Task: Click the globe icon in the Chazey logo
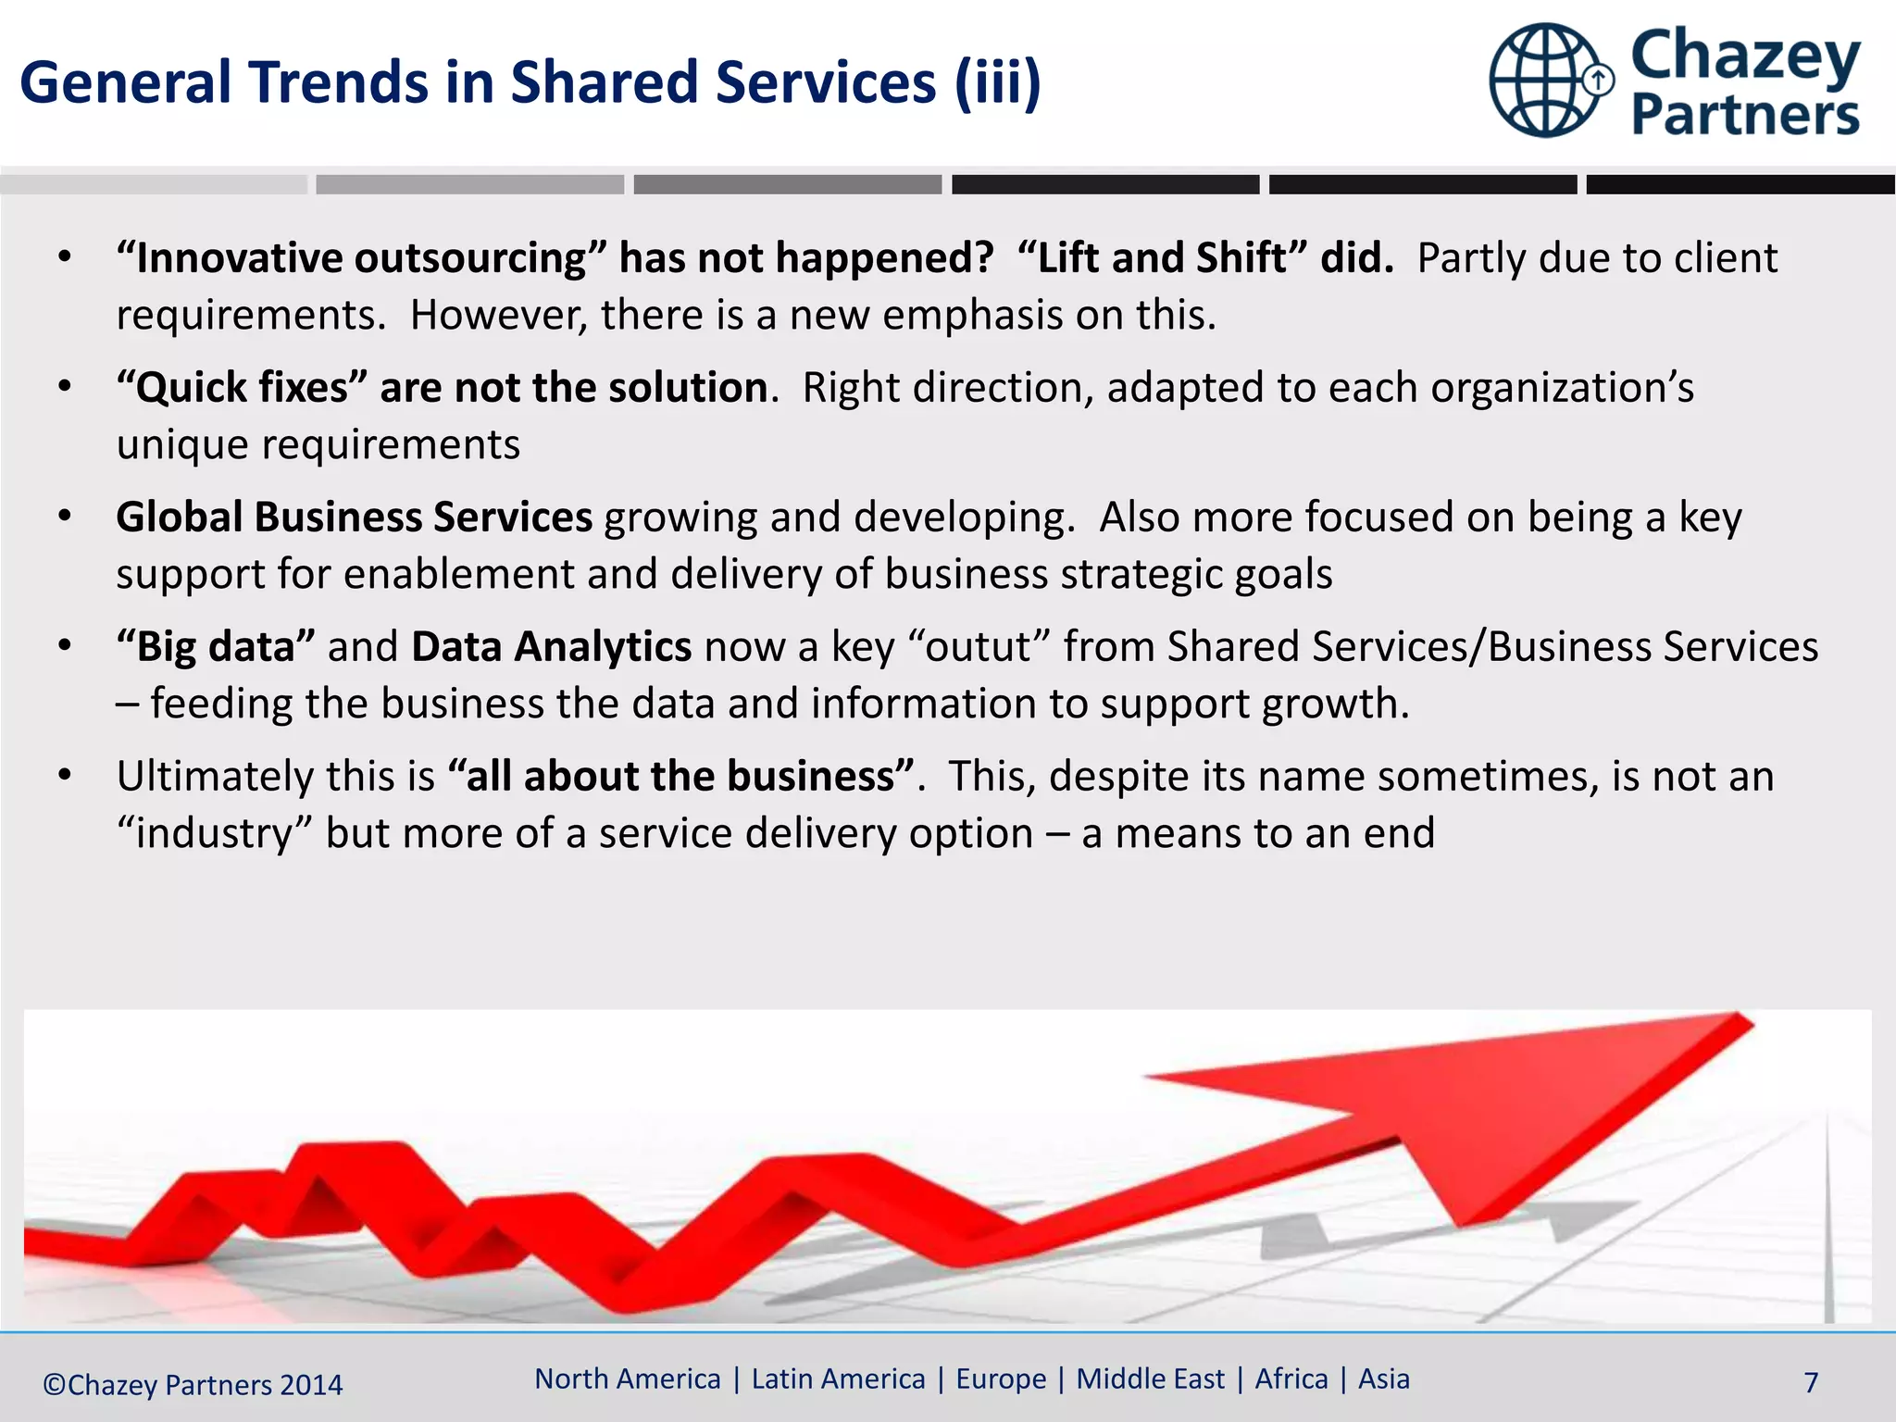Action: pyautogui.click(x=1546, y=81)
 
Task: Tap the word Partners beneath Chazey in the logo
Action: pyautogui.click(x=1745, y=116)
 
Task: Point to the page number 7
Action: pyautogui.click(x=1811, y=1383)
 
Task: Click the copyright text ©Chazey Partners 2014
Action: pyautogui.click(x=193, y=1385)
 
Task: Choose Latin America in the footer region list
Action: pyautogui.click(x=838, y=1379)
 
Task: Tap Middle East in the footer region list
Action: pyautogui.click(x=1150, y=1379)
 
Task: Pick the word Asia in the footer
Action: pyautogui.click(x=1383, y=1379)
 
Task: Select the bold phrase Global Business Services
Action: pyautogui.click(x=354, y=518)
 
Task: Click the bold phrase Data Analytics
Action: pyautogui.click(x=551, y=647)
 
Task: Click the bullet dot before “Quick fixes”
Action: pyautogui.click(x=64, y=387)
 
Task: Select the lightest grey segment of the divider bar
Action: pyautogui.click(x=154, y=185)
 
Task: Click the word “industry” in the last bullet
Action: pyautogui.click(x=214, y=834)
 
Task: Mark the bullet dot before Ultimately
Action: pyautogui.click(x=64, y=776)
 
